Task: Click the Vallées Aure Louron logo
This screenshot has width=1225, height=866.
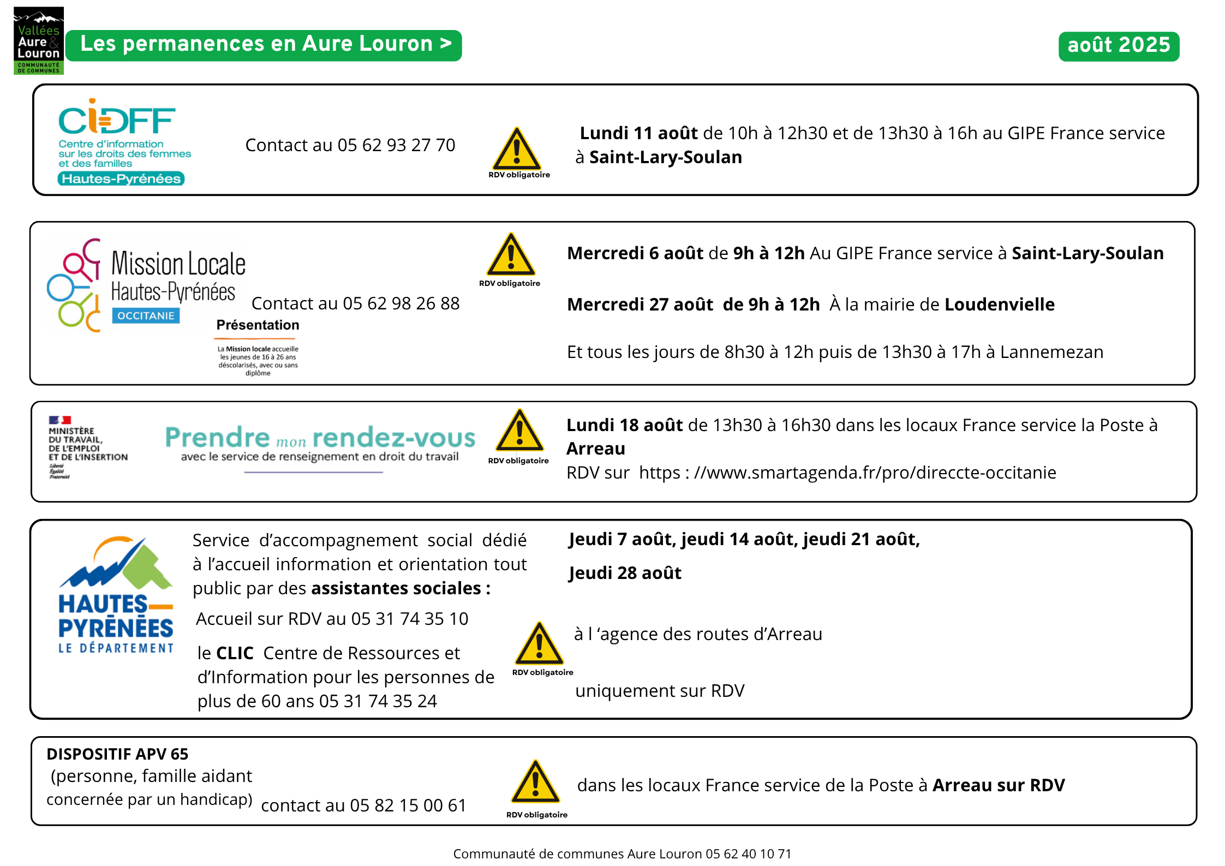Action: coord(38,41)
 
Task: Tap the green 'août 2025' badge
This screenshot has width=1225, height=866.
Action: coord(1119,46)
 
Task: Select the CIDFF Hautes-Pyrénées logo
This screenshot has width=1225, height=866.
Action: coord(123,141)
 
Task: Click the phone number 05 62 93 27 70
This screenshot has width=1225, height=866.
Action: coord(396,145)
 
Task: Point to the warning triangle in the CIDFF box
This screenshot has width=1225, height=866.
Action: coord(517,150)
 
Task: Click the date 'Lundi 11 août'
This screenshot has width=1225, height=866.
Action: coord(638,133)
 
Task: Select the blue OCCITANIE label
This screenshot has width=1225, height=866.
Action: coord(146,316)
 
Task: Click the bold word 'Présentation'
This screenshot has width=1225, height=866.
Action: coord(258,325)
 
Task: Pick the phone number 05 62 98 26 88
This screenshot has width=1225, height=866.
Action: coord(401,303)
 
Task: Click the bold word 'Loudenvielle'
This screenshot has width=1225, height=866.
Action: coord(1000,304)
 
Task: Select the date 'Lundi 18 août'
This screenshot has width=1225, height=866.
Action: coord(624,425)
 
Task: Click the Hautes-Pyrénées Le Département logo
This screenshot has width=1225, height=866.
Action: coord(116,595)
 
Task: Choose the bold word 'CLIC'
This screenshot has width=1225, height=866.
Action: coord(235,653)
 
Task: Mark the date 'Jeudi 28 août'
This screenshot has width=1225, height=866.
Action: coord(625,573)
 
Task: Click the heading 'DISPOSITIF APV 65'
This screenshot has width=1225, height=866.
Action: coord(117,754)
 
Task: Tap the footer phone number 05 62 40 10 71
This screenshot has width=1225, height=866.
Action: coord(748,854)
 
